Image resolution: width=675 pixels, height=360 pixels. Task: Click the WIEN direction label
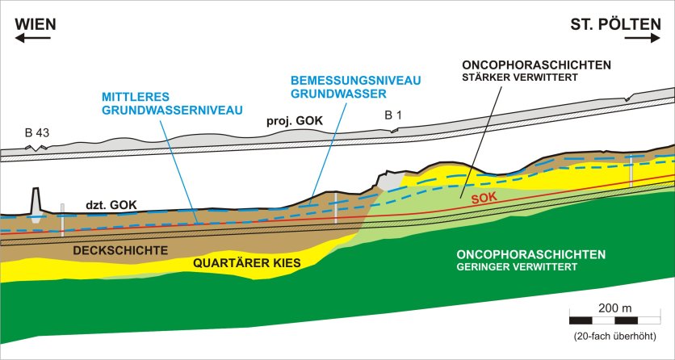coord(36,24)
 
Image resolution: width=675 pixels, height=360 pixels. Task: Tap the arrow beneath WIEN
coord(33,38)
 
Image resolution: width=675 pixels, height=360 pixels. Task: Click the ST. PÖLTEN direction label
coord(615,24)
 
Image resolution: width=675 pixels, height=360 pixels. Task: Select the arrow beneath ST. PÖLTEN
coord(642,38)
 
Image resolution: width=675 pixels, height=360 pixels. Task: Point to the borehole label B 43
coord(37,133)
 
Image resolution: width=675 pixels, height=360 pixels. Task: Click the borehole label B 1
coord(393,115)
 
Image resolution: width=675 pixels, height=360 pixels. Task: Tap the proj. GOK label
coord(295,121)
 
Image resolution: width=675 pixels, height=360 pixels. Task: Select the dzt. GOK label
coord(111,205)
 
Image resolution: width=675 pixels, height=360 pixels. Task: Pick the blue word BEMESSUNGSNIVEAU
coord(355,81)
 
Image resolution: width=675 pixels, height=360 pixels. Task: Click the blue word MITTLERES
coord(136,96)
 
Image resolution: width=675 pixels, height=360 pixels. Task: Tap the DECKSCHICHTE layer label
coord(120,250)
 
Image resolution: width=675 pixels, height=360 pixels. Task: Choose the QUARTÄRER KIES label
coord(247,263)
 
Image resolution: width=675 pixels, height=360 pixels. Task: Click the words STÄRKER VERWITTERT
coord(519,78)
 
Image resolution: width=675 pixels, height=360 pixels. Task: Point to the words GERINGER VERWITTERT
coord(517,267)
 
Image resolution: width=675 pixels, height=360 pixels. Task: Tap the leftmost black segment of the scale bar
coord(581,320)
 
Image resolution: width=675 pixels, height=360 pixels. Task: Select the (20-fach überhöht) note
coord(614,337)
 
